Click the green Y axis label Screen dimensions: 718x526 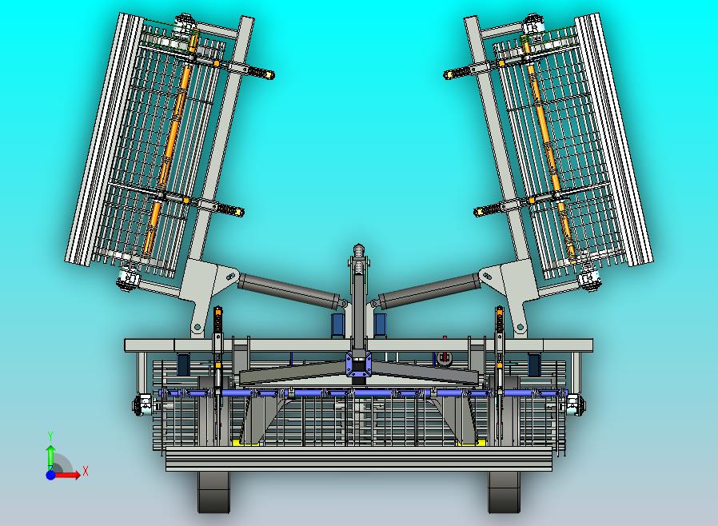click(x=50, y=436)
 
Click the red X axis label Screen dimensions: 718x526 click(x=86, y=471)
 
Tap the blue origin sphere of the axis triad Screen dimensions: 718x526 click(x=50, y=475)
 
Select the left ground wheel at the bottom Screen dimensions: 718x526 click(x=213, y=492)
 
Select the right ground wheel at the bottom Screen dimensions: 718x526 click(x=505, y=492)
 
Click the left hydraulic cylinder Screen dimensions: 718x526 click(x=289, y=290)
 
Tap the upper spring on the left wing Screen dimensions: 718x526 click(x=259, y=72)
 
